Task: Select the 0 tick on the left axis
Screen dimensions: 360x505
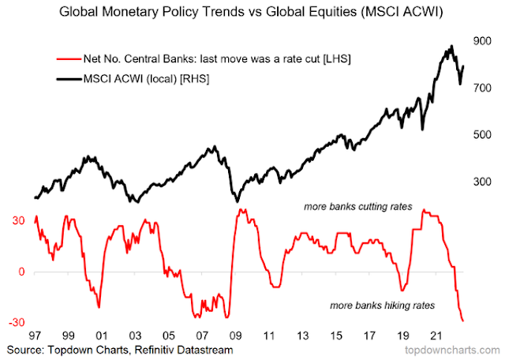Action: point(22,272)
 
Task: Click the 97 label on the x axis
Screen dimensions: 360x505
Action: point(35,335)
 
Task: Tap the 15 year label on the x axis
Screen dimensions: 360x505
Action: point(337,335)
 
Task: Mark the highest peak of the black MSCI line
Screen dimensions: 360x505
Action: point(451,46)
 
